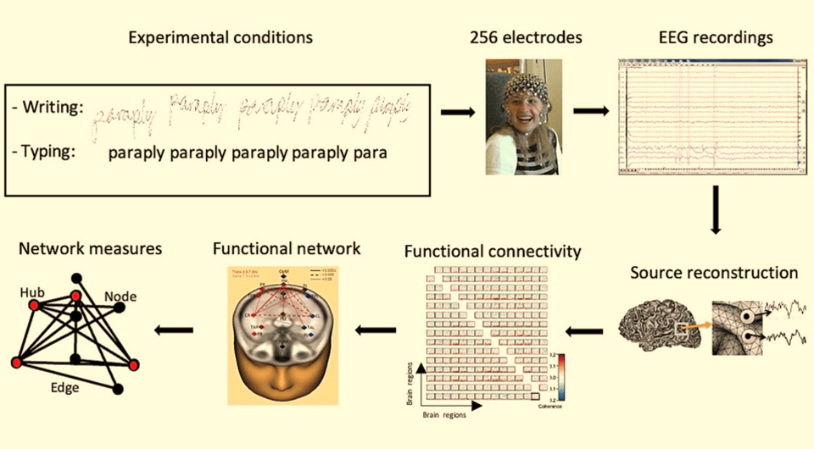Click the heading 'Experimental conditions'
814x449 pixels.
(x=220, y=38)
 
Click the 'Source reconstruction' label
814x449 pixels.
(x=714, y=273)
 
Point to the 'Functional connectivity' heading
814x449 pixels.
(x=493, y=252)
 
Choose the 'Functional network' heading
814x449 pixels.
(x=287, y=248)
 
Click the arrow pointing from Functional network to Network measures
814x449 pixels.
(x=175, y=330)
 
